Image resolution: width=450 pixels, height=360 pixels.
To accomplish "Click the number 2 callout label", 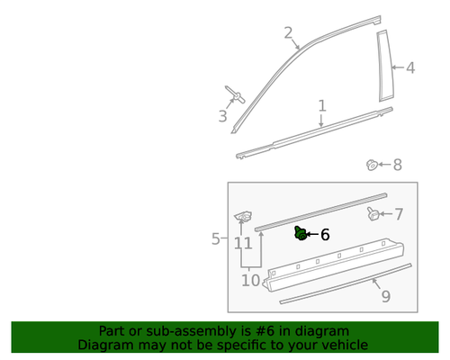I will click(288, 33).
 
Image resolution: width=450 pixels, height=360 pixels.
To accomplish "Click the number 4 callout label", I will click(410, 67).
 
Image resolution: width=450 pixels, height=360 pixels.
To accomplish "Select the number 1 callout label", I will click(322, 107).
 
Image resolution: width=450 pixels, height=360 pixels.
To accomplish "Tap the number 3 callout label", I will click(222, 116).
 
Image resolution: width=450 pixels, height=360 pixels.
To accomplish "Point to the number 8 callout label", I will click(397, 165).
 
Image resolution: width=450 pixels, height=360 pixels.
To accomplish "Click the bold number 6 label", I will click(325, 235).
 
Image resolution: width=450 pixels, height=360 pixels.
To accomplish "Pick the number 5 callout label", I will click(216, 238).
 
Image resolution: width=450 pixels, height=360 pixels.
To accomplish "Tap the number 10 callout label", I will click(249, 281).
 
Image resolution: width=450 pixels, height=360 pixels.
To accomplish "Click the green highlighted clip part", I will click(300, 233).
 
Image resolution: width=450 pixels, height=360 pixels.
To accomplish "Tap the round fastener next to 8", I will click(371, 165).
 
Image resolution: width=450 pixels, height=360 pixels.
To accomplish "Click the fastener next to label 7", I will click(373, 213).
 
